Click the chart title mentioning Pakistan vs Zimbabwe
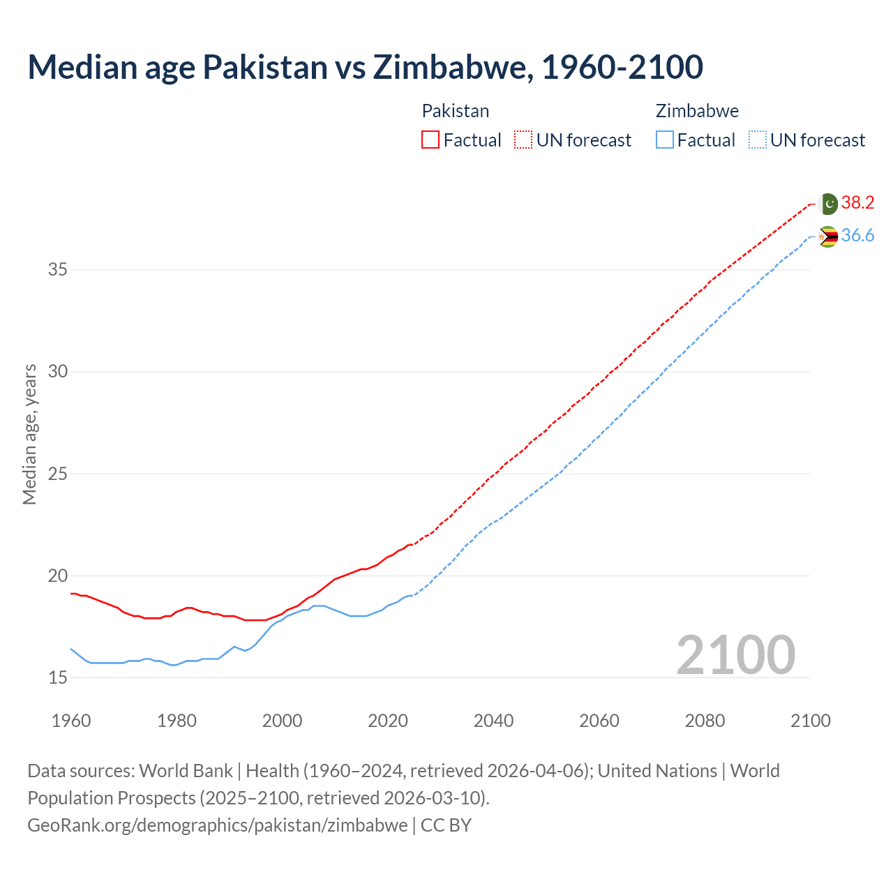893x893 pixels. [x=365, y=67]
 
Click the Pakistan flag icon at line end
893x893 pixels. [x=828, y=204]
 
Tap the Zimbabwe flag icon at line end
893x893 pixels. [x=828, y=237]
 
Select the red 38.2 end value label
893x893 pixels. [x=857, y=203]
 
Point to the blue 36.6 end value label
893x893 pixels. [x=857, y=236]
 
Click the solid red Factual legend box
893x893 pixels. [x=430, y=140]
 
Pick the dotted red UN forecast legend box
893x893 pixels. [x=523, y=140]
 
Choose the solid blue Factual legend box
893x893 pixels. [x=665, y=140]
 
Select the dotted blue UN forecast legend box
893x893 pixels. [x=758, y=140]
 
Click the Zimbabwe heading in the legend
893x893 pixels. [x=697, y=111]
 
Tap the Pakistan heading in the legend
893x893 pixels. [x=456, y=111]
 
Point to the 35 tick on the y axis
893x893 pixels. [x=58, y=269]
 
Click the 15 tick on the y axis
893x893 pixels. [x=58, y=677]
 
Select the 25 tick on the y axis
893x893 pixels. [x=58, y=474]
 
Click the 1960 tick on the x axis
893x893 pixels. [x=71, y=721]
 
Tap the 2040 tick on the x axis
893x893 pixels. [x=493, y=721]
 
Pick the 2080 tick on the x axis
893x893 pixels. [x=705, y=721]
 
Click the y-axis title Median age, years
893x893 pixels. [x=29, y=434]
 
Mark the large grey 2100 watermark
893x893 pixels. [x=735, y=654]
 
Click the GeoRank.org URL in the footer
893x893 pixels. [x=217, y=825]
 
